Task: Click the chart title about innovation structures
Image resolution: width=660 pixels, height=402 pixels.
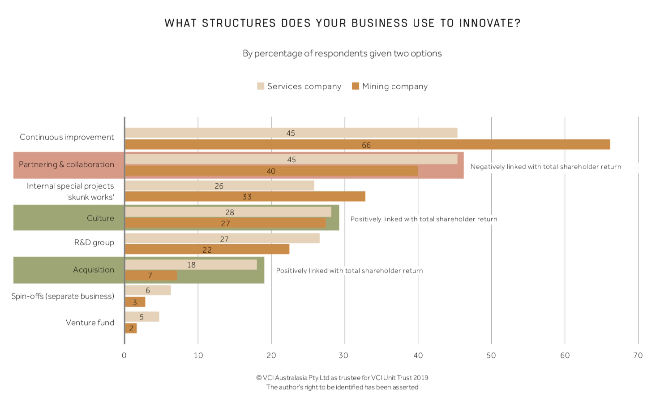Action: [x=343, y=23]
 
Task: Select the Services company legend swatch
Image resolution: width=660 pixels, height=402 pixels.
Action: [x=261, y=86]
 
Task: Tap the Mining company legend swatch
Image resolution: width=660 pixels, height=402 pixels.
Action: [x=356, y=86]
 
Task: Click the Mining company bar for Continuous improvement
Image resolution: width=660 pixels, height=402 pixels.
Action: [x=367, y=144]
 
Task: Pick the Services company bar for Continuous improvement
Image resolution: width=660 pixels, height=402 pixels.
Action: [x=291, y=133]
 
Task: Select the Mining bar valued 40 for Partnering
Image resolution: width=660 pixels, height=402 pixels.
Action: [x=271, y=171]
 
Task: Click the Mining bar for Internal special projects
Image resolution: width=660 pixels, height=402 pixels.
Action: [x=245, y=196]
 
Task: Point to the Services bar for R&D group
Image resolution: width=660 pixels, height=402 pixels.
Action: [x=222, y=238]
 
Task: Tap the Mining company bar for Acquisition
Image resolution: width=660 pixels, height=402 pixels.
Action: [x=151, y=275]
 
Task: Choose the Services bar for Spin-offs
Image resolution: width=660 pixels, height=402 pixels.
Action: [x=148, y=290]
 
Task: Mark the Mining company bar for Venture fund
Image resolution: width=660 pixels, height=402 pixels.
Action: [x=131, y=328]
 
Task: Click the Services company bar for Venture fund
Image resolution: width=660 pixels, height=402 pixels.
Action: [x=142, y=317]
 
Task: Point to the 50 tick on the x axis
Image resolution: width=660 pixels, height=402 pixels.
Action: [x=491, y=355]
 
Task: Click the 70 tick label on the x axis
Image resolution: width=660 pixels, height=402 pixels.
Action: [x=638, y=355]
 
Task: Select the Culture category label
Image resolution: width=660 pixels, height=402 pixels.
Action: [x=100, y=218]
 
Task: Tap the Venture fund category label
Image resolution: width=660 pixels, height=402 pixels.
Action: [x=90, y=323]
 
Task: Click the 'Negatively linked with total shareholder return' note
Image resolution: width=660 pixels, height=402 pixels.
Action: [x=545, y=167]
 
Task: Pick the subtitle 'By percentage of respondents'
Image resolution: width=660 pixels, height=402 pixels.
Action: [x=342, y=53]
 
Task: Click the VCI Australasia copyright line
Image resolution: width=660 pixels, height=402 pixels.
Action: [x=342, y=378]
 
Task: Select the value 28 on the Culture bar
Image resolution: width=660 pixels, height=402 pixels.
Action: [x=230, y=212]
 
